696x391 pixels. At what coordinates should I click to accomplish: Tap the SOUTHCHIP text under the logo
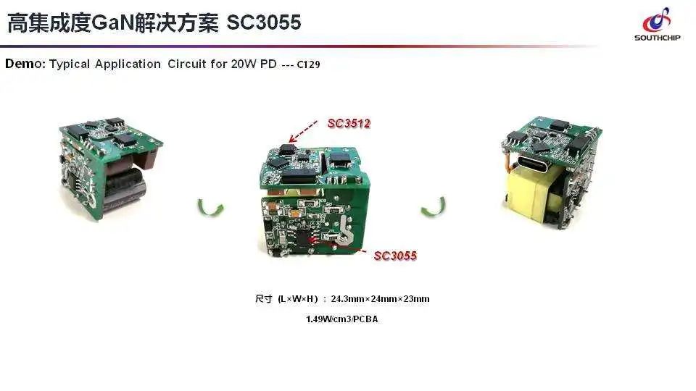658,38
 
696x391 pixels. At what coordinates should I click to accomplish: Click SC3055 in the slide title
264,22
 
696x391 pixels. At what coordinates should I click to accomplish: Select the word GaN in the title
112,22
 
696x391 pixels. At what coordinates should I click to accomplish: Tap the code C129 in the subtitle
309,64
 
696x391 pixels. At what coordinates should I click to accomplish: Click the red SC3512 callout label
349,124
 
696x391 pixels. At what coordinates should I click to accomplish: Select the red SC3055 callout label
396,256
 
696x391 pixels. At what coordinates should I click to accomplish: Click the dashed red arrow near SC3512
303,131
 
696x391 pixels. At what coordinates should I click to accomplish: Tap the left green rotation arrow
210,208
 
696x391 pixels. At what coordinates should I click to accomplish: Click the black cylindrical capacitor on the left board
125,190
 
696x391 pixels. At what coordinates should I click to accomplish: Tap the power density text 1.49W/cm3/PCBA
341,319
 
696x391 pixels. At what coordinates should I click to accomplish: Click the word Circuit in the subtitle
186,64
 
